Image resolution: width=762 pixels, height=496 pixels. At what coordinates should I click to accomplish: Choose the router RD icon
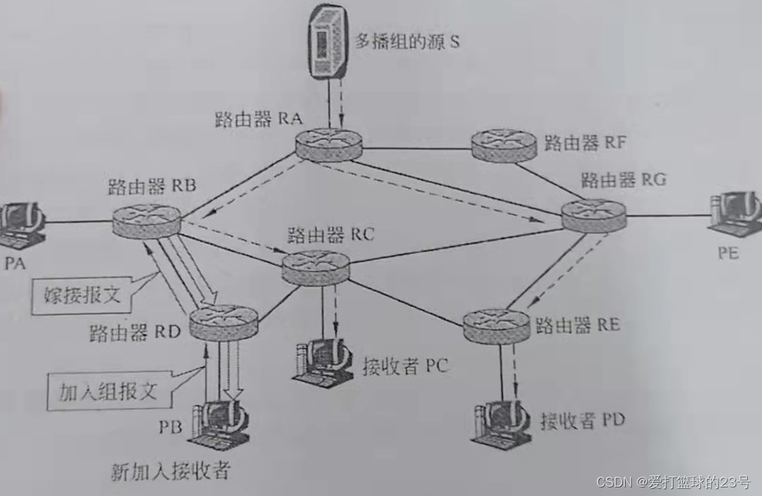coord(222,322)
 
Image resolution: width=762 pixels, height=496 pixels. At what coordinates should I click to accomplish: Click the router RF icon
coord(503,146)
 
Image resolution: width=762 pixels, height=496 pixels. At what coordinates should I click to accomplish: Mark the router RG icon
coord(593,212)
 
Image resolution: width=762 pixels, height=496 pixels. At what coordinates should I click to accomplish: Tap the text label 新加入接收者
coord(171,472)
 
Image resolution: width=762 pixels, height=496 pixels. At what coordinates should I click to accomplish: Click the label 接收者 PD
coord(582,419)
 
